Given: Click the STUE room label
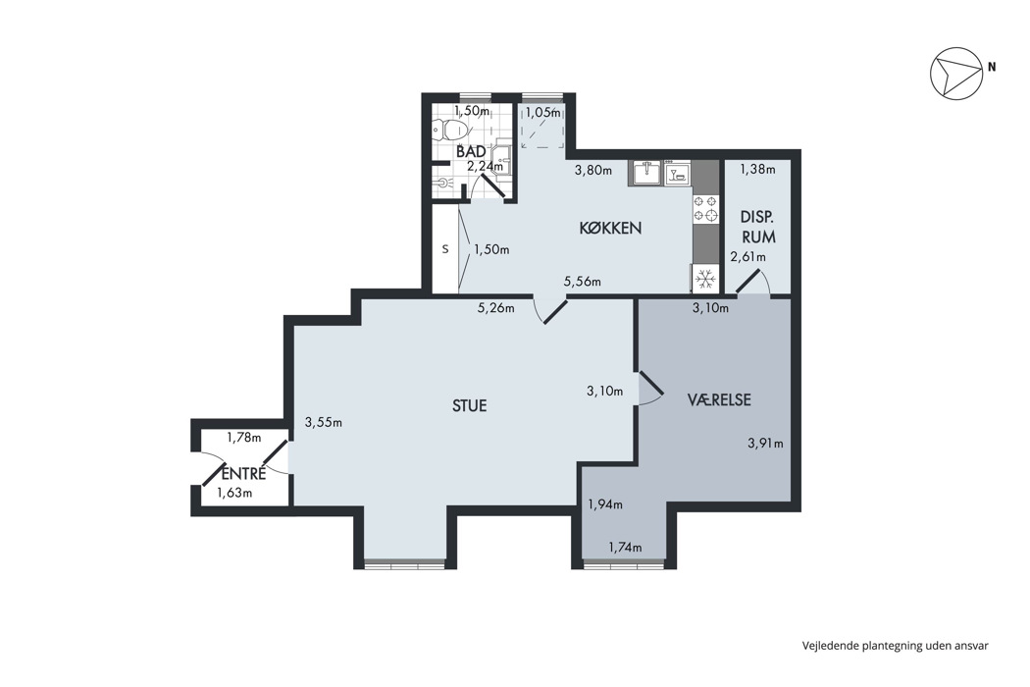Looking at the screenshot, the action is click(469, 405).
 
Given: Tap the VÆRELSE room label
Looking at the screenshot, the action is click(719, 399).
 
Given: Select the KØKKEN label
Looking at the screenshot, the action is click(610, 228).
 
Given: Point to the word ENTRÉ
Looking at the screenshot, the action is click(243, 473).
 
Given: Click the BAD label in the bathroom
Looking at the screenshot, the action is click(471, 152).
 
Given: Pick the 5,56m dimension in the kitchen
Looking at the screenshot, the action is click(582, 282).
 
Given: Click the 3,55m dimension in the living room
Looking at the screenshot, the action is click(323, 422).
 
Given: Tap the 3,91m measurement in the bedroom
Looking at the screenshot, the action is click(765, 443).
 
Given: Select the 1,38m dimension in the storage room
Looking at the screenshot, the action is click(757, 169).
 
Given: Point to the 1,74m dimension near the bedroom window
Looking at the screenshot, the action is click(625, 547).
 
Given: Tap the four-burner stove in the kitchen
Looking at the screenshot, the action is click(705, 208).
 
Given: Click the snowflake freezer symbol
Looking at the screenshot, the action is click(705, 280).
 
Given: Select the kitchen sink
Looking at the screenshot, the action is click(646, 174).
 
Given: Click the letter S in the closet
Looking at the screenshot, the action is click(444, 249).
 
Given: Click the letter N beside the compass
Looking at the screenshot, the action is click(992, 67).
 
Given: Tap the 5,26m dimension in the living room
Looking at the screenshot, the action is click(495, 307).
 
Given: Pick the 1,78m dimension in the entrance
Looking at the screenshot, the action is click(243, 437).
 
